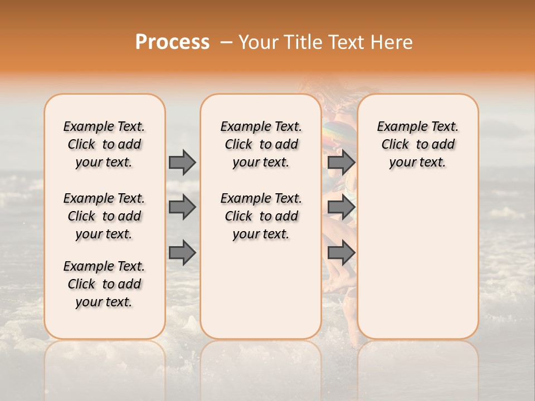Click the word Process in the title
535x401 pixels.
[x=172, y=42]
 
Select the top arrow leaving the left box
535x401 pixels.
[x=182, y=162]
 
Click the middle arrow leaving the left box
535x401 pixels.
[x=182, y=208]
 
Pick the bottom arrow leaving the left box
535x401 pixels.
[x=182, y=253]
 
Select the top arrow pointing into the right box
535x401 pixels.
[x=341, y=162]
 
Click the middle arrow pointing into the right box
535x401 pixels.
[x=341, y=208]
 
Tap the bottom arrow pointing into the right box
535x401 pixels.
[x=341, y=253]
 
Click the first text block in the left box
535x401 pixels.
[x=104, y=144]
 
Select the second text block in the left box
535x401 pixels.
[x=104, y=216]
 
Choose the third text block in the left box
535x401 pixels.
[x=104, y=284]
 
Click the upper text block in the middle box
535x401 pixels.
[x=261, y=144]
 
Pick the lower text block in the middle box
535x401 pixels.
[x=261, y=216]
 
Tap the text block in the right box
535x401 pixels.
[x=417, y=144]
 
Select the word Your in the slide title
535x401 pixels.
[x=255, y=42]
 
